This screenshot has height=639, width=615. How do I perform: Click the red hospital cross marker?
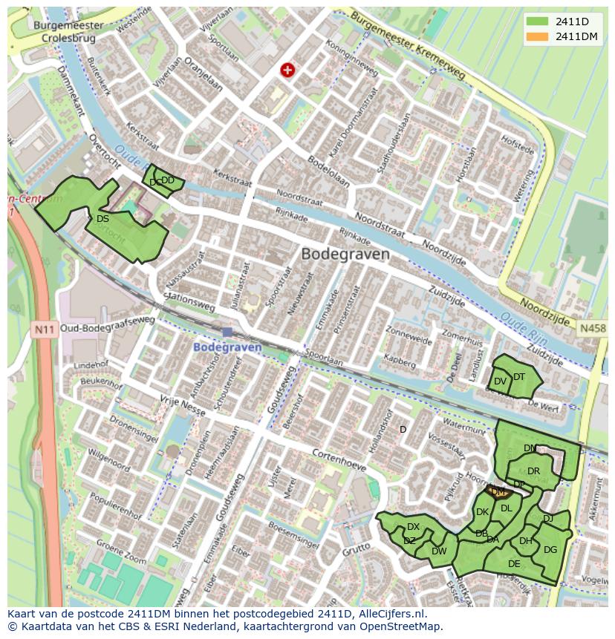click(287, 70)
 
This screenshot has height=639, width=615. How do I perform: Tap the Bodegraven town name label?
click(345, 254)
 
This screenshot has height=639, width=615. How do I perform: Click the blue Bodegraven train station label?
click(227, 347)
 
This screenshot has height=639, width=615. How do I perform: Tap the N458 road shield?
click(593, 328)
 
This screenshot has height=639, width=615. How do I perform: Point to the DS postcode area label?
click(102, 219)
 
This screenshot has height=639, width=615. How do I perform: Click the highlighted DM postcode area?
click(498, 491)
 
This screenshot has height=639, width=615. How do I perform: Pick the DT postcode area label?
click(519, 377)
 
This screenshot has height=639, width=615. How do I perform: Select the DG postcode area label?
click(550, 550)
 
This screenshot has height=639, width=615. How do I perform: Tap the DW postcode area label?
click(439, 551)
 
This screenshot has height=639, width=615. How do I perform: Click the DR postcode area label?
click(533, 471)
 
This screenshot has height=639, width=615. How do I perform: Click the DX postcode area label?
click(413, 527)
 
